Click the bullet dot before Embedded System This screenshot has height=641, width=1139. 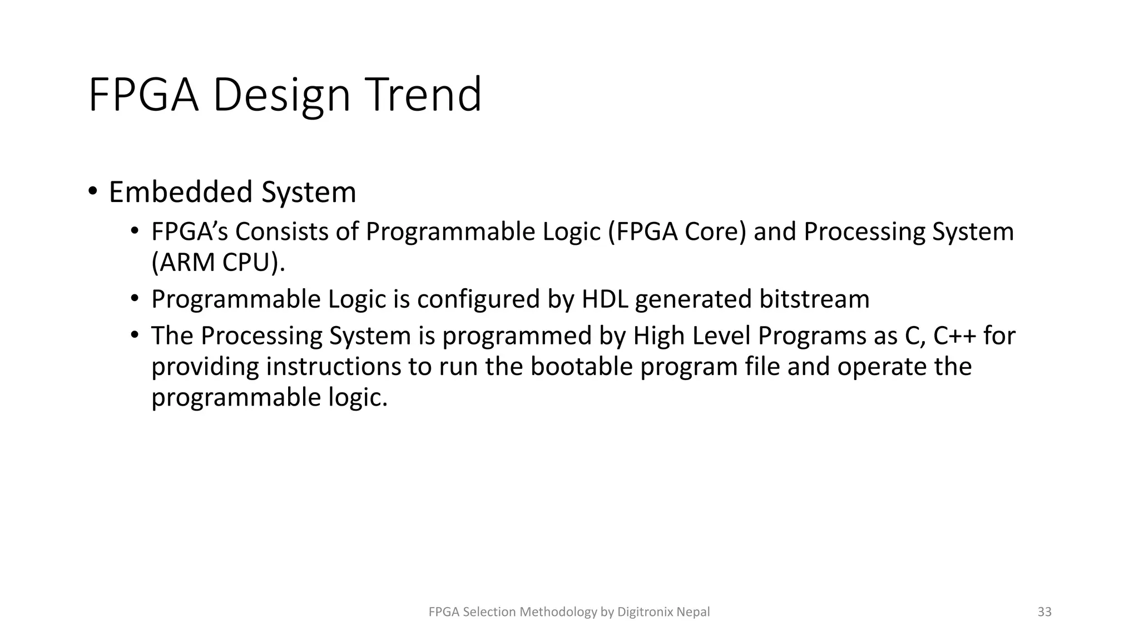tap(93, 191)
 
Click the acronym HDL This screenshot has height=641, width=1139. tap(605, 299)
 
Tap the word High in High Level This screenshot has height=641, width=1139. tap(657, 336)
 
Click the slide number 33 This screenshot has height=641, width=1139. tap(1044, 612)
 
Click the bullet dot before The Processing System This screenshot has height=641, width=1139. tap(134, 335)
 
